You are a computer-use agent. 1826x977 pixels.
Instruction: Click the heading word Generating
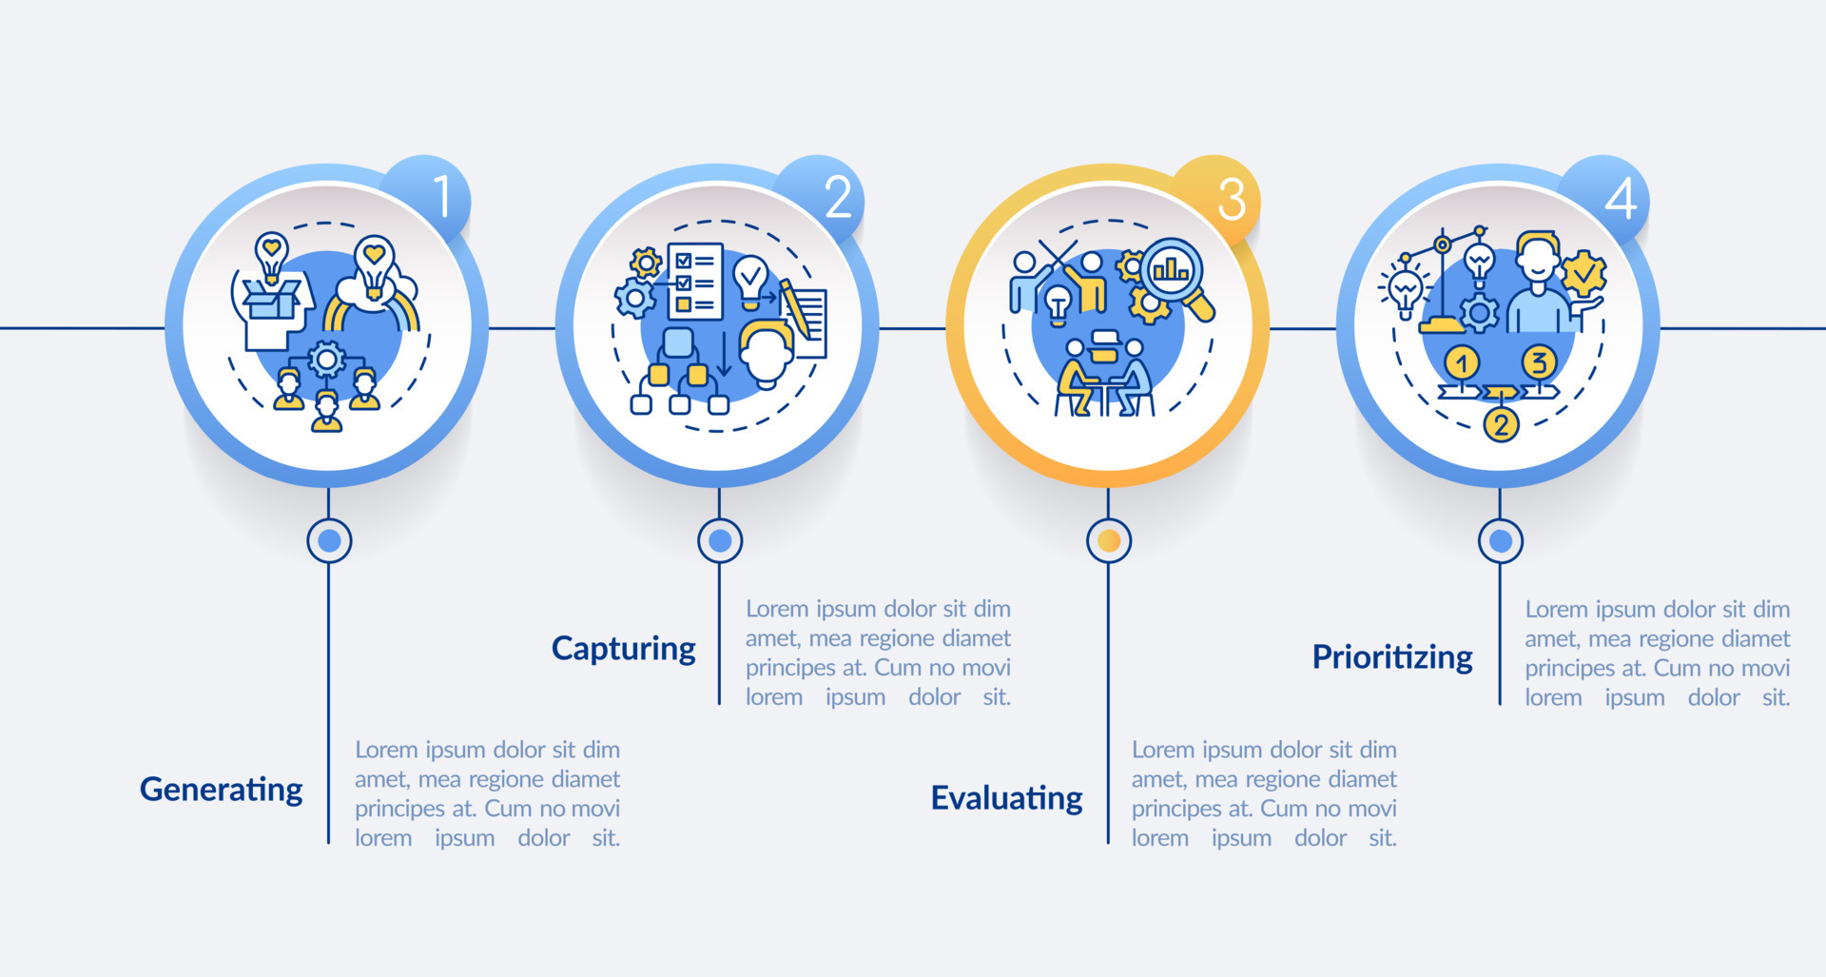click(x=221, y=790)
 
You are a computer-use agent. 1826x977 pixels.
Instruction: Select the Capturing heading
click(x=623, y=649)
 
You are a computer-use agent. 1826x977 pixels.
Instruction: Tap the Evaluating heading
click(x=1006, y=798)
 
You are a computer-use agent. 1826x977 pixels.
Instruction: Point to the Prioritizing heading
click(x=1391, y=657)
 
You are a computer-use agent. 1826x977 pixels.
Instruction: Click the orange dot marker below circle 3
click(x=1108, y=541)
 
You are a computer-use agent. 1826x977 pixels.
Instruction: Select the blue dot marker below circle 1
click(x=329, y=541)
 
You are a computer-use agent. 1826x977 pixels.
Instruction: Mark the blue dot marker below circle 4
click(x=1500, y=541)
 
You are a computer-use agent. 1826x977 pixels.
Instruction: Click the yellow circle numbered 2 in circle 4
click(x=1501, y=423)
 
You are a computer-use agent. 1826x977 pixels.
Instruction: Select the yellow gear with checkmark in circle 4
click(x=1583, y=275)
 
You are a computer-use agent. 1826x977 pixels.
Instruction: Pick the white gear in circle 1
click(x=327, y=360)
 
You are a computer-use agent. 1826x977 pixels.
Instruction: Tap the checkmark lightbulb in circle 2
click(x=750, y=279)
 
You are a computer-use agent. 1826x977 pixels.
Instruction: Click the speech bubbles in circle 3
click(x=1105, y=346)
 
